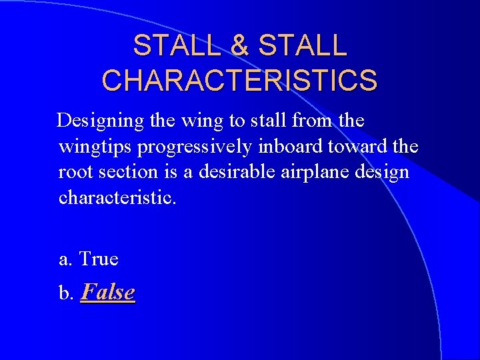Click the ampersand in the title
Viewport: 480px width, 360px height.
(x=241, y=46)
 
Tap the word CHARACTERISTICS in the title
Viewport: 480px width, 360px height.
(x=240, y=79)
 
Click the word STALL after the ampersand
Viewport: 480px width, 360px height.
(x=303, y=46)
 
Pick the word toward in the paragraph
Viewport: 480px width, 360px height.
(x=359, y=147)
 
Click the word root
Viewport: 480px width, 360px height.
(x=75, y=172)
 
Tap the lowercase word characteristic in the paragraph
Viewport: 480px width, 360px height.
(x=117, y=197)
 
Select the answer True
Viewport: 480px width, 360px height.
(x=99, y=258)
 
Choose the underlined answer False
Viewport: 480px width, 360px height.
(x=107, y=292)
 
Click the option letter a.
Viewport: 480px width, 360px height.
(x=65, y=259)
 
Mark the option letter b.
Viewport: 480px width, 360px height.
(x=65, y=293)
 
